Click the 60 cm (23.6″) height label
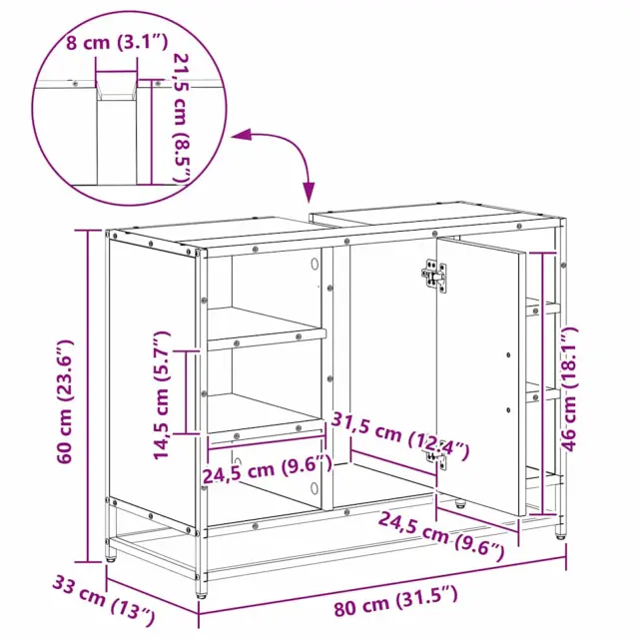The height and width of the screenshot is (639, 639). (66, 401)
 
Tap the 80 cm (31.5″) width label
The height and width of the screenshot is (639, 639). (395, 601)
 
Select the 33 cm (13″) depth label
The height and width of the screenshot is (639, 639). (104, 600)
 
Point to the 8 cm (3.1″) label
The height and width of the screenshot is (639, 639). (117, 42)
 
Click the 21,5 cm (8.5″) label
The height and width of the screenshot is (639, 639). (183, 118)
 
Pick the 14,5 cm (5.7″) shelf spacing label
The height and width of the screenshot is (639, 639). (161, 395)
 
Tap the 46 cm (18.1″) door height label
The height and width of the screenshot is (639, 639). (570, 388)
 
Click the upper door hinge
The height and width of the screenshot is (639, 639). (435, 277)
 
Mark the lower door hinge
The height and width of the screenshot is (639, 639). (437, 458)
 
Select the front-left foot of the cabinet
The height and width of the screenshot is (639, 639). (201, 589)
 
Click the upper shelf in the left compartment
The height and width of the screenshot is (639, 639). (265, 327)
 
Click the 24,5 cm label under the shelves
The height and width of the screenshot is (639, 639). (268, 469)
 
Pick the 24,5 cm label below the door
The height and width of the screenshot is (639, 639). (441, 536)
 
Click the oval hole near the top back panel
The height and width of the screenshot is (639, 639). (315, 264)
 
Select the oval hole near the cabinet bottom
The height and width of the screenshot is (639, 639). (315, 488)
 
